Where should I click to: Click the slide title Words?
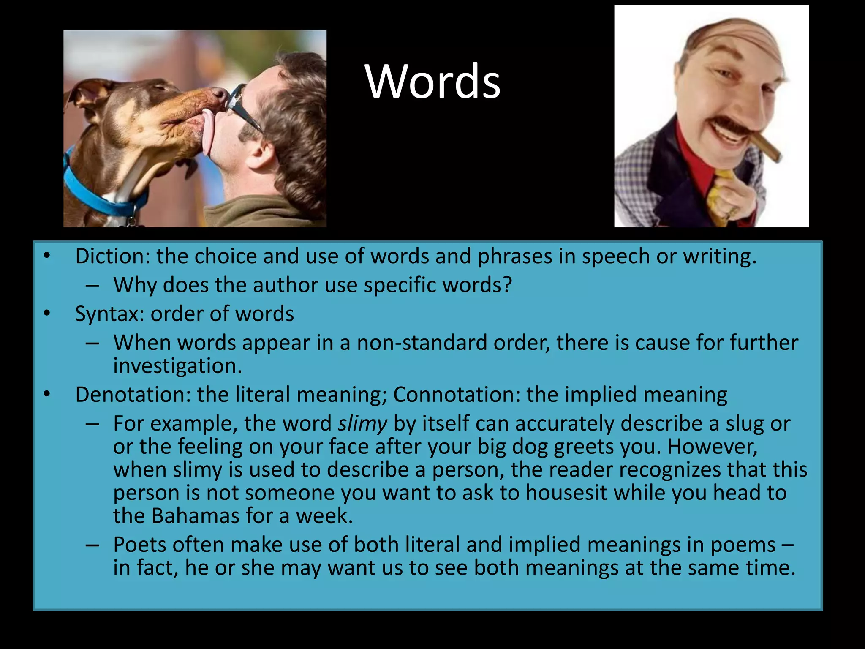432,82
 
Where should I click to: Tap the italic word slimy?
362,424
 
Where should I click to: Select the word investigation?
177,366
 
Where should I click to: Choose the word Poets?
139,545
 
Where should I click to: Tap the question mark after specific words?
507,285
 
